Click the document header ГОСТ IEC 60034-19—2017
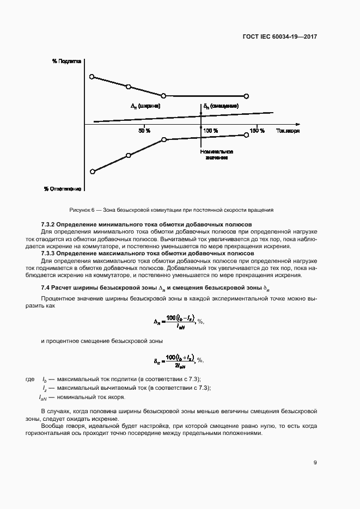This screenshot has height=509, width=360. click(279, 37)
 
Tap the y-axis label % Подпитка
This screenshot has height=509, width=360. click(66, 62)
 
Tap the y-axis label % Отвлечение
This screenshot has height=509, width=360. click(63, 189)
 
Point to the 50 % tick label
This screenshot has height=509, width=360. click(144, 131)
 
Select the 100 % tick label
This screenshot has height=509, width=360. click(211, 131)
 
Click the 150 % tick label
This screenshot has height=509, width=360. click(257, 131)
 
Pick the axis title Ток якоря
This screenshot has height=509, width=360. click(288, 131)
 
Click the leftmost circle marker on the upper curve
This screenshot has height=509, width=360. click(92, 77)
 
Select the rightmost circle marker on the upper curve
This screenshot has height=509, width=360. click(246, 96)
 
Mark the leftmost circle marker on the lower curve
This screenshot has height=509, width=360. click(92, 171)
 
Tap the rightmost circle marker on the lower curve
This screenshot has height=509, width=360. click(246, 135)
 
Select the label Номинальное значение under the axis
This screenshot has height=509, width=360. click(216, 155)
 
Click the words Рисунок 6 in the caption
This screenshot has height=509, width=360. click(82, 210)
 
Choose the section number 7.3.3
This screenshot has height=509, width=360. click(50, 254)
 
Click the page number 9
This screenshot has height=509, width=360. click(315, 463)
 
